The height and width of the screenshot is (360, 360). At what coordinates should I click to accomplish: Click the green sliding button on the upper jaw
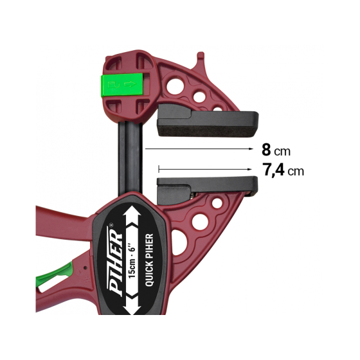point(122,85)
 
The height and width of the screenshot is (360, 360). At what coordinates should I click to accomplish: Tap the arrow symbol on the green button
point(131,83)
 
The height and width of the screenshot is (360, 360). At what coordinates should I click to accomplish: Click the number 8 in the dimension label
point(266,150)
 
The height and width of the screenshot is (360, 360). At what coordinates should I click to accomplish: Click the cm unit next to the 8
point(283,152)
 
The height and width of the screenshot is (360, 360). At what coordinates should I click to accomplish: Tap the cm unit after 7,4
point(296,172)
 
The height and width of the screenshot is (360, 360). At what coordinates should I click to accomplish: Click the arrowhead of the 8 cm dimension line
point(251,148)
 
